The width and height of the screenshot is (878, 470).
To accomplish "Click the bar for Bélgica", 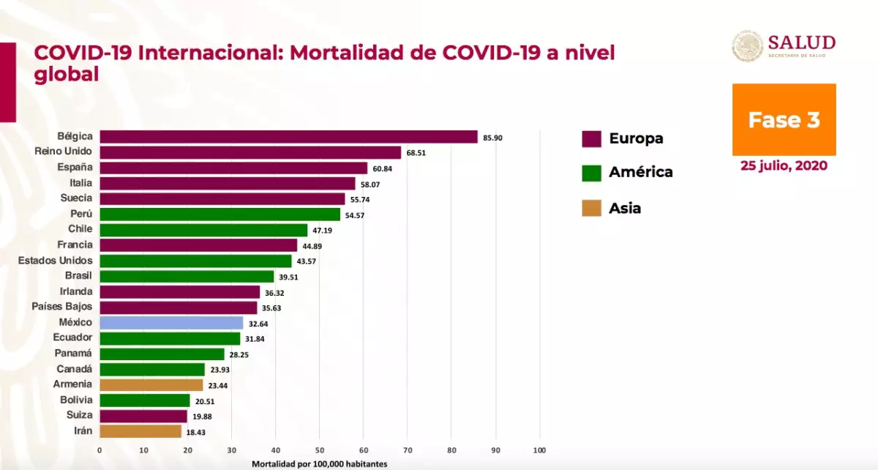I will pyautogui.click(x=288, y=137).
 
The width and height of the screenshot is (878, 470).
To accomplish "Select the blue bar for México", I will pyautogui.click(x=171, y=322).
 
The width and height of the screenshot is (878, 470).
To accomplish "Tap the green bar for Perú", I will pyautogui.click(x=219, y=215).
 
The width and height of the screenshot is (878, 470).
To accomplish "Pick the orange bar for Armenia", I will pyautogui.click(x=151, y=384).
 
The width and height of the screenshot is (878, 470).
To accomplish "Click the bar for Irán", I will pyautogui.click(x=140, y=431).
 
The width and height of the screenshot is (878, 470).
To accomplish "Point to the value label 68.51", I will pyautogui.click(x=416, y=153).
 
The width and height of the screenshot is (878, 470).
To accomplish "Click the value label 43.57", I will pyautogui.click(x=307, y=261).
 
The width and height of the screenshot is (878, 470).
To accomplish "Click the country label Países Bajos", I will pyautogui.click(x=62, y=307).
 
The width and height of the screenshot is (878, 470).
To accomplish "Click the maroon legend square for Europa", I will pyautogui.click(x=591, y=139).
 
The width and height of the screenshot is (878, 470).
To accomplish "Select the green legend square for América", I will pyautogui.click(x=591, y=173).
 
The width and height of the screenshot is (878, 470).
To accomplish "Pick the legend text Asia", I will pyautogui.click(x=625, y=208).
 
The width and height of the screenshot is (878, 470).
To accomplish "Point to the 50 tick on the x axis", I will pyautogui.click(x=320, y=450).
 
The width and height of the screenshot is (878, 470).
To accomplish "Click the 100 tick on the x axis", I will pyautogui.click(x=540, y=450).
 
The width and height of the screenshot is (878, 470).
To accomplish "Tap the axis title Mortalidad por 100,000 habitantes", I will pyautogui.click(x=320, y=463).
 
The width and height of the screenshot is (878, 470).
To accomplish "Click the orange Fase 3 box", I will pyautogui.click(x=784, y=119).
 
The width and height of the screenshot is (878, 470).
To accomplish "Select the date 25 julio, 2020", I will pyautogui.click(x=784, y=166).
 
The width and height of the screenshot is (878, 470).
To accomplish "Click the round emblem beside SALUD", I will pyautogui.click(x=747, y=46).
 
